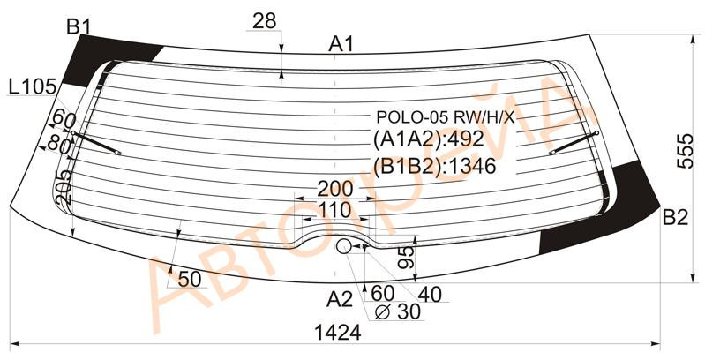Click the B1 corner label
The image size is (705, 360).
(x=79, y=28)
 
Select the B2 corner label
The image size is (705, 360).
(x=675, y=219)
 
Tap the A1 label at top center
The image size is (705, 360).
(x=341, y=44)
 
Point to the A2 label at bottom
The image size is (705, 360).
(x=340, y=299)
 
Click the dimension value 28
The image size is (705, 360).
(x=264, y=21)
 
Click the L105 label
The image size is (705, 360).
(x=33, y=86)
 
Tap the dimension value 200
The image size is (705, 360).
(x=335, y=189)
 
